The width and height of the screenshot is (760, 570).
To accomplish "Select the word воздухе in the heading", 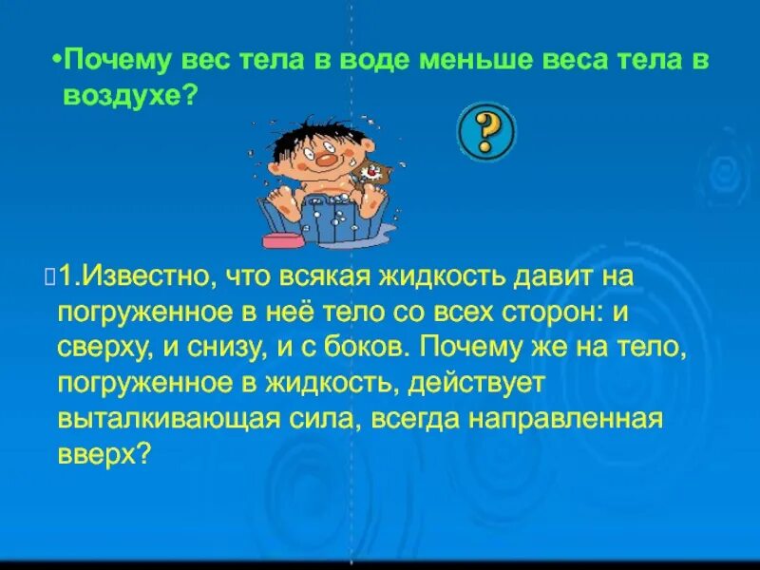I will [122, 96].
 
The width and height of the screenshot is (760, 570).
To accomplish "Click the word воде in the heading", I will [346, 62].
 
